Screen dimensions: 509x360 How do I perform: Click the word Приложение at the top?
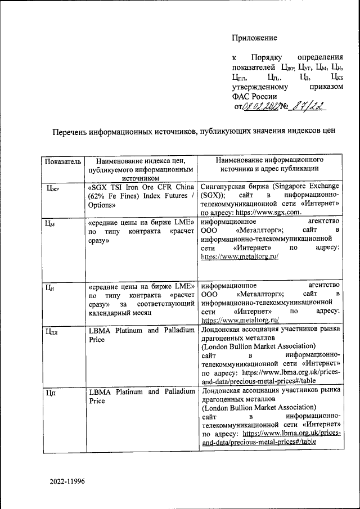coord(254,38)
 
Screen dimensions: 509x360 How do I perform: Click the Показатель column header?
coord(64,162)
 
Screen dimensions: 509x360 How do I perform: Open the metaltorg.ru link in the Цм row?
coord(240,256)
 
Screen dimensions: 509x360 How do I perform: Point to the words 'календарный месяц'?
coord(120,313)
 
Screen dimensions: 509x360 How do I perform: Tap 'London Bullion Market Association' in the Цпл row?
coord(254,346)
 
